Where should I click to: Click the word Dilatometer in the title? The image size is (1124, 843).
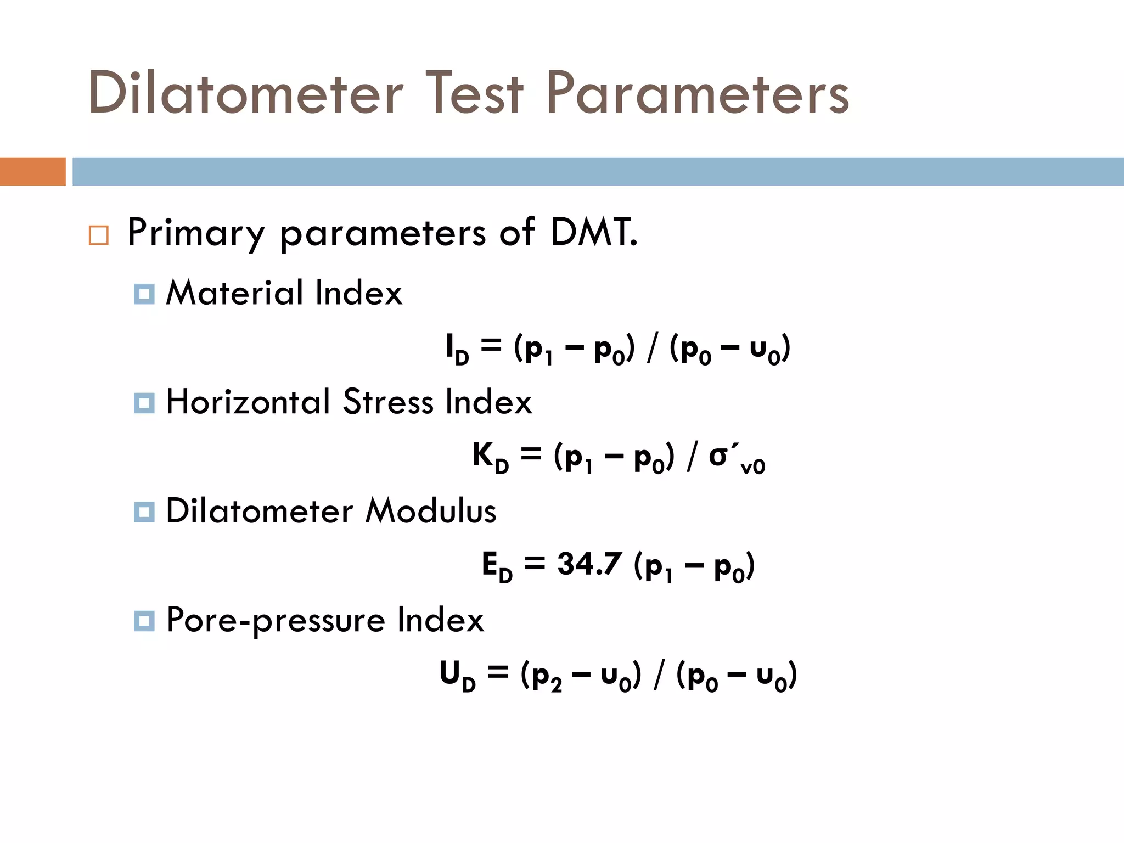coord(245,93)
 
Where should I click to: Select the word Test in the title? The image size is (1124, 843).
coord(474,93)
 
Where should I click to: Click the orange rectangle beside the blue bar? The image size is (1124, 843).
coord(32,171)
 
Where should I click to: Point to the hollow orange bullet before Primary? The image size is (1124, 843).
coord(99,235)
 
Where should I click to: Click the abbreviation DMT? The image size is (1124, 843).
coord(594,232)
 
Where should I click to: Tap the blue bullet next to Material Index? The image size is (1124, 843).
coord(144,294)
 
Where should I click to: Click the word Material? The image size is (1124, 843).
coord(234,293)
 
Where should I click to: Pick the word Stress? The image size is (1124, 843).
coord(388,402)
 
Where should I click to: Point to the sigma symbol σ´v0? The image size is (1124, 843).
coord(736,459)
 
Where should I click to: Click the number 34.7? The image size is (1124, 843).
coord(589,564)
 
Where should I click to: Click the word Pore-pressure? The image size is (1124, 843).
coord(276,621)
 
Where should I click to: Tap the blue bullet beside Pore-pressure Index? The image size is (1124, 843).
coord(144,621)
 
